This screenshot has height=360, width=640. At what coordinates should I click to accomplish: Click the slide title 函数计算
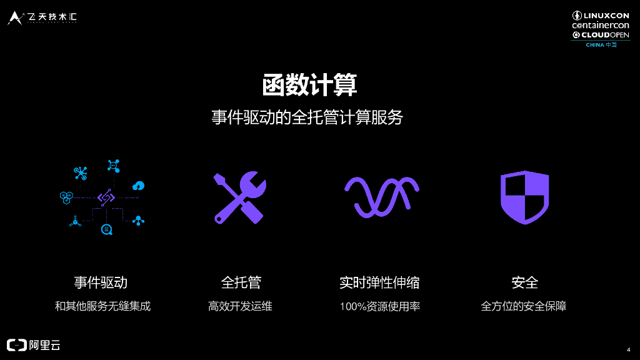pos(309,85)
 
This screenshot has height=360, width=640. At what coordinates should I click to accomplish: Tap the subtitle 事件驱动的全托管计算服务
pos(307,117)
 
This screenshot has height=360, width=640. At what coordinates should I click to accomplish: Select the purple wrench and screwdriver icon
pos(239,197)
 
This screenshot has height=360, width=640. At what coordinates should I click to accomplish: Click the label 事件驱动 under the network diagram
pos(101,282)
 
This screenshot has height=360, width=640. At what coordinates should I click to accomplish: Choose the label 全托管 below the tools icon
pos(241,282)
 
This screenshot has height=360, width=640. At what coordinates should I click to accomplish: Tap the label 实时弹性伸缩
pos(379,282)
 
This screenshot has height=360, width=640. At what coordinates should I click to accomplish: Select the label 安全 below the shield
pos(524,282)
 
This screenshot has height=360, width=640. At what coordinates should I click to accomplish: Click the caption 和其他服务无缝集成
pos(102,306)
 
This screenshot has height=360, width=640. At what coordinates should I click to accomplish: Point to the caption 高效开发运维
pos(241,306)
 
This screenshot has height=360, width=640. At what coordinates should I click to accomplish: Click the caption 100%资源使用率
pos(379,306)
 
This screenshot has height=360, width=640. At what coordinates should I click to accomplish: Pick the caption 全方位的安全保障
pos(524,306)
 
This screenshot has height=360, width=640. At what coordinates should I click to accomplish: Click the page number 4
pos(627,349)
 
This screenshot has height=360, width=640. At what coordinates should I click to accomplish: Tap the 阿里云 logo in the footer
pos(34,345)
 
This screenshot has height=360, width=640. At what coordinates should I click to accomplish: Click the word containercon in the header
pos(601,26)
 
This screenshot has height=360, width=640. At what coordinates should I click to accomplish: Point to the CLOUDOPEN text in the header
pos(605,35)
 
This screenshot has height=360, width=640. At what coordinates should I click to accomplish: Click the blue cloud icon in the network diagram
pos(139,186)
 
